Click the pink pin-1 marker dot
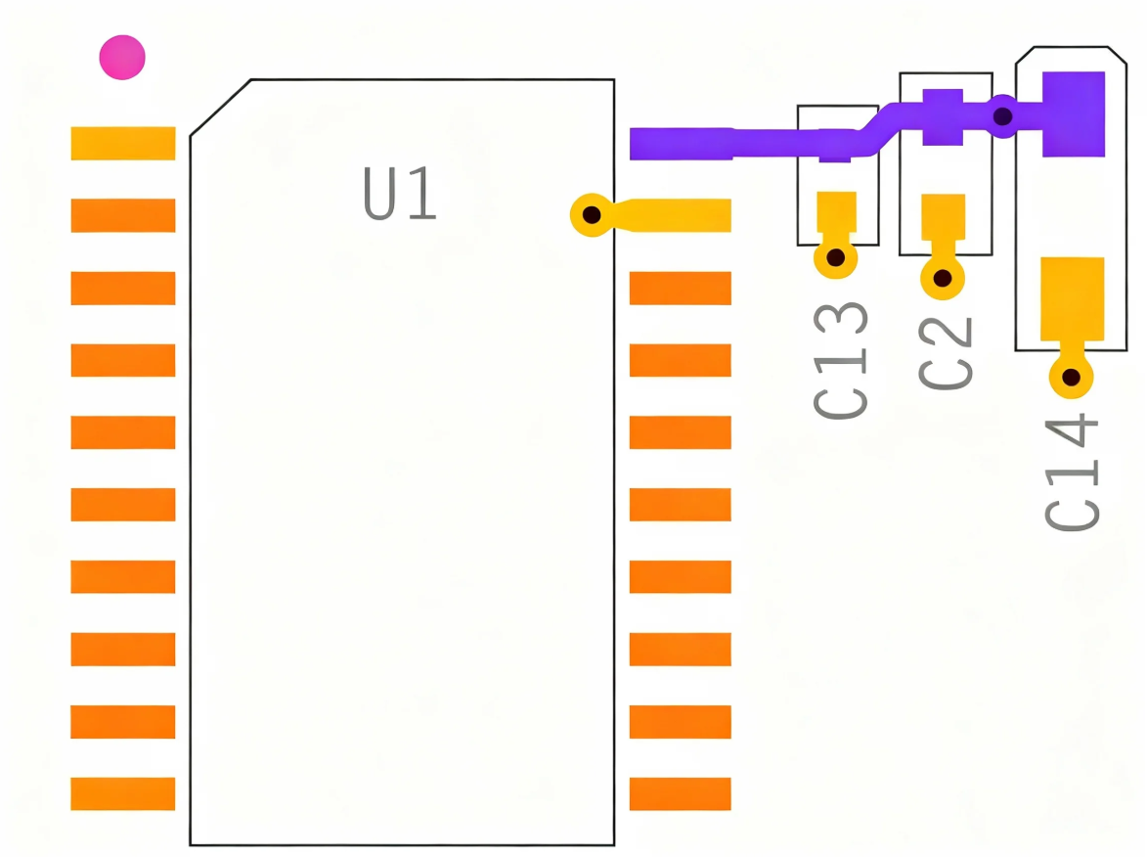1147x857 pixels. point(122,58)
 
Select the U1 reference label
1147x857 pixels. point(400,195)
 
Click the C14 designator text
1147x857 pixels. point(1073,472)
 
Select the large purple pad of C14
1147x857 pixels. point(1073,113)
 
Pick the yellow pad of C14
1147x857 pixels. point(1072,298)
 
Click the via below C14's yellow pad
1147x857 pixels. point(1071,377)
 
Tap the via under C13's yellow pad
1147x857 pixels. point(836,258)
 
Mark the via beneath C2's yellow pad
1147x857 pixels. point(943,278)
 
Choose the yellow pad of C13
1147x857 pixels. point(836,211)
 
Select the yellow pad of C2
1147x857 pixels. point(943,216)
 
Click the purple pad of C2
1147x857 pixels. point(943,117)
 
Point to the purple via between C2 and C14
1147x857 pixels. point(1002,116)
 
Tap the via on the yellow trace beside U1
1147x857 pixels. point(591,214)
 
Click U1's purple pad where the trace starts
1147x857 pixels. point(681,144)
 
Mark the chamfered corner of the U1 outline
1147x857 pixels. point(220,108)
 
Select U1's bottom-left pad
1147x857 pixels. point(123,793)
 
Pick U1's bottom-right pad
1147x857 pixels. point(680,793)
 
